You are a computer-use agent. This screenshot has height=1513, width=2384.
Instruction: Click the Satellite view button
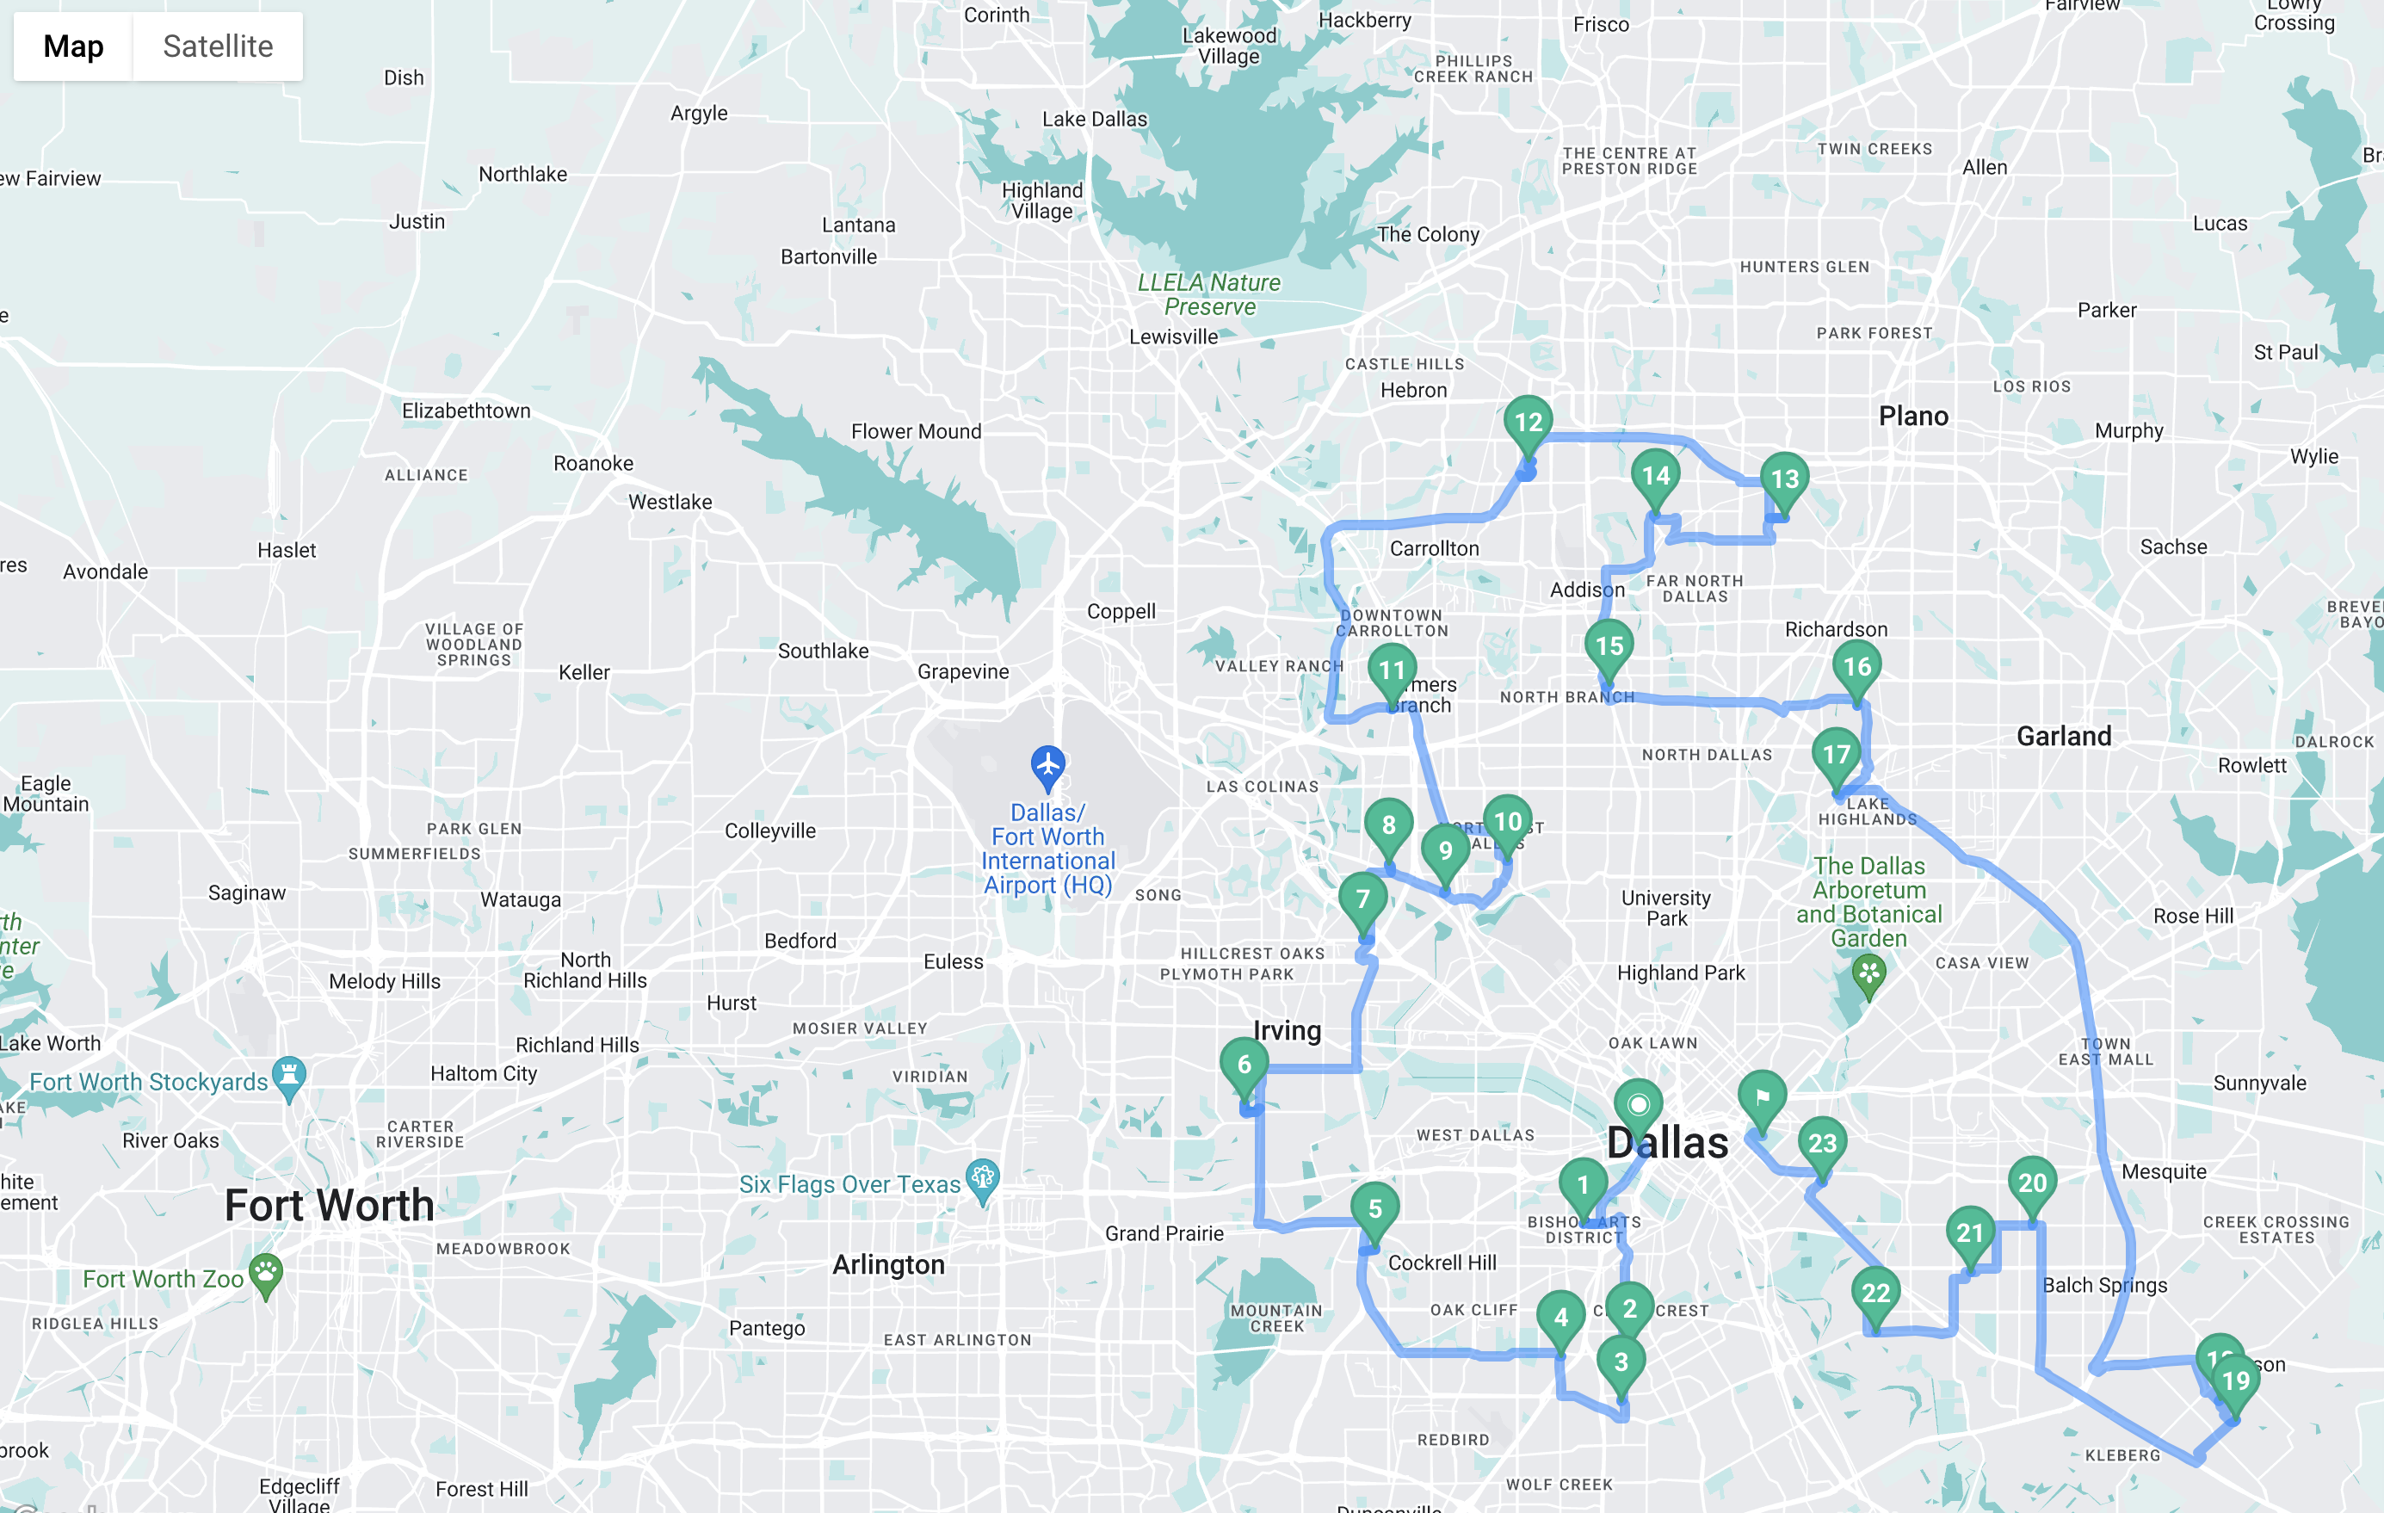pyautogui.click(x=218, y=46)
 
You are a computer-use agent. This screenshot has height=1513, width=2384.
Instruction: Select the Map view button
pyautogui.click(x=73, y=46)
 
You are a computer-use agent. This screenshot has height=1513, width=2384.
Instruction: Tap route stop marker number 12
pyautogui.click(x=1528, y=423)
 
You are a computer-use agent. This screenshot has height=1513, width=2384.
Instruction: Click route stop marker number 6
pyautogui.click(x=1244, y=1065)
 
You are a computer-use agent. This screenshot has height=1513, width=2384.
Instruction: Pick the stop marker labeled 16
pyautogui.click(x=1856, y=667)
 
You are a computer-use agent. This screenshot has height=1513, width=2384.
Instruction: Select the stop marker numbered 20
pyautogui.click(x=2031, y=1183)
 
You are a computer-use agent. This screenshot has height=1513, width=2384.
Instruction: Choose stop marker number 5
pyautogui.click(x=1374, y=1209)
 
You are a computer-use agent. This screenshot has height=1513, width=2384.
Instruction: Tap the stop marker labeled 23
pyautogui.click(x=1822, y=1144)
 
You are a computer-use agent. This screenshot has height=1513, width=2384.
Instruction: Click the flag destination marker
pyautogui.click(x=1763, y=1097)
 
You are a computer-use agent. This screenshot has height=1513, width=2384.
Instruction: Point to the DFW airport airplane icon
pyautogui.click(x=1047, y=765)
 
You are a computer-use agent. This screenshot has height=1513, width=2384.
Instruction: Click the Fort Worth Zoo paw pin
pyautogui.click(x=265, y=1274)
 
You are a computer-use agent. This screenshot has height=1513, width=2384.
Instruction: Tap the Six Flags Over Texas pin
pyautogui.click(x=982, y=1178)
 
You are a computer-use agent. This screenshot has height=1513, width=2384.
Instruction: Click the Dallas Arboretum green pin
pyautogui.click(x=1868, y=973)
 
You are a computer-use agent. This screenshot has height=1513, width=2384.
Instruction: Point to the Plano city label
pyautogui.click(x=1912, y=417)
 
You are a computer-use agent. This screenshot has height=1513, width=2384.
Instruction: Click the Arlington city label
pyautogui.click(x=888, y=1265)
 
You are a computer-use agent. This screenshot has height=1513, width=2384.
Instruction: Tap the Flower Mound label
pyautogui.click(x=916, y=432)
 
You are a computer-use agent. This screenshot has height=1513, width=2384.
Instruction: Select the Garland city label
pyautogui.click(x=2063, y=737)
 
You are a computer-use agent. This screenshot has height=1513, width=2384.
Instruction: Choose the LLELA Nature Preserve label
pyautogui.click(x=1209, y=295)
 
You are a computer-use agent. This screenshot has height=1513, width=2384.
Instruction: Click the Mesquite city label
pyautogui.click(x=2163, y=1172)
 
